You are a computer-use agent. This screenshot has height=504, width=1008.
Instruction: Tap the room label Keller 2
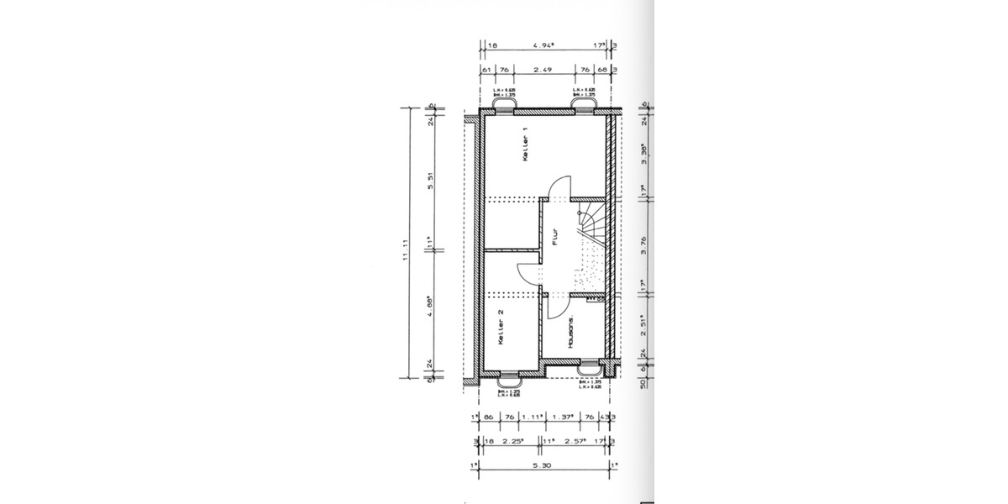501,328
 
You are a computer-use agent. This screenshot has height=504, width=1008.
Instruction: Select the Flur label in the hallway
554,237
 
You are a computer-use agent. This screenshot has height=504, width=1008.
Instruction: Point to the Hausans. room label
570,333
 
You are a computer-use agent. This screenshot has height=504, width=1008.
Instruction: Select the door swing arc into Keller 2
528,269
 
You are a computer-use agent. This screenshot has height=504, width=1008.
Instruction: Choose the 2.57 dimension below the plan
574,439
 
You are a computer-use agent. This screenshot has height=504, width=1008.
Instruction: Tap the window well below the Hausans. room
591,369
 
